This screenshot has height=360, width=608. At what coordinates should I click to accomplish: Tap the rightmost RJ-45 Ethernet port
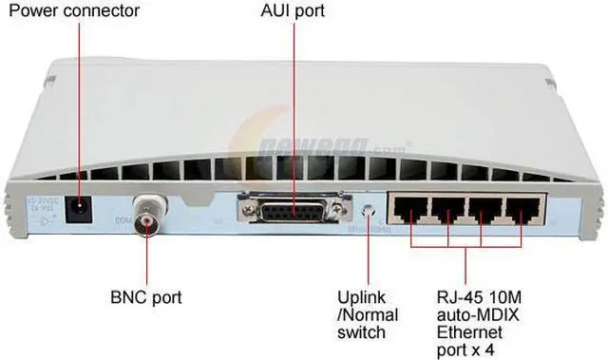click(x=522, y=212)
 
